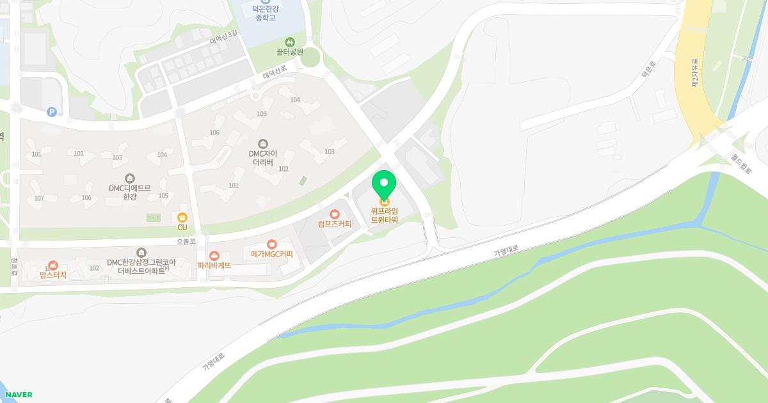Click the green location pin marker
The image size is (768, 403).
pos(384,186)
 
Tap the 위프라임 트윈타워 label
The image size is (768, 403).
pos(384,216)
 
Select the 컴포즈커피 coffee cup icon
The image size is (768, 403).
pos(334,214)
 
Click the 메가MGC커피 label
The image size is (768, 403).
pos(272,254)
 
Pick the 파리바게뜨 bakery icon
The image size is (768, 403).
pos(214,255)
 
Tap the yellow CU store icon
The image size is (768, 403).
pos(182,217)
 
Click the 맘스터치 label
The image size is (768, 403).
pos(52,274)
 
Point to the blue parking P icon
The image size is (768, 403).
pos(52,112)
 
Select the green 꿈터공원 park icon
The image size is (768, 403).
pos(289,42)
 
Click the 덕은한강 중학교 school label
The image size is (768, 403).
pos(264,12)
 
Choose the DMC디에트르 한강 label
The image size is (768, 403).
pos(130,193)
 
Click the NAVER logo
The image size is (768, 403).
pos(19,395)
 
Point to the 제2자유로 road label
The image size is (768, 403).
pos(694,73)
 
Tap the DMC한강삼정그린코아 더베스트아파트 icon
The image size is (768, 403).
pos(141,253)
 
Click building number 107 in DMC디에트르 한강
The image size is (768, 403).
pos(39,198)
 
